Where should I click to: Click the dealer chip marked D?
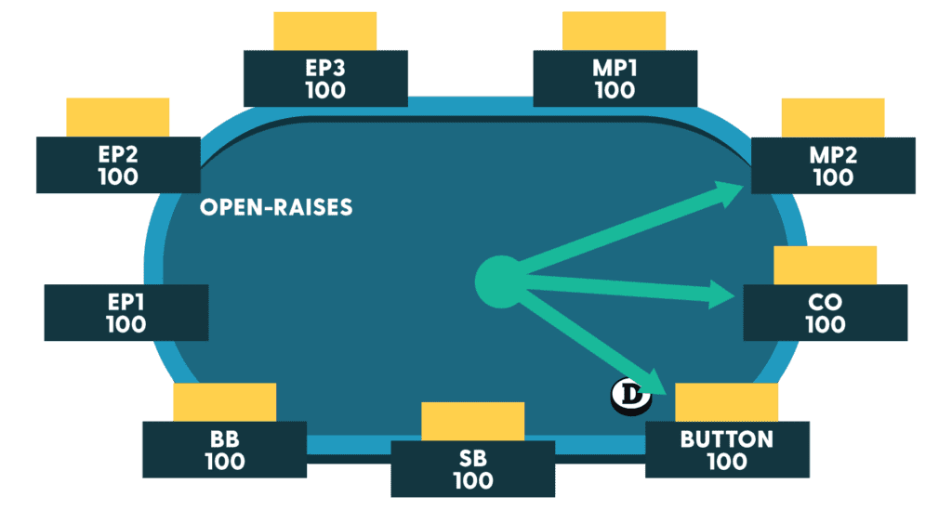(631, 397)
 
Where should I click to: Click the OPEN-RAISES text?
(276, 207)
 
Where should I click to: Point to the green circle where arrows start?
(499, 279)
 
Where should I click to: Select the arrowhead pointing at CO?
(725, 295)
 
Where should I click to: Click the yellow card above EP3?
(324, 31)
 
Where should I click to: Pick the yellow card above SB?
(473, 421)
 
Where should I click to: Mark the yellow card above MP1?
(615, 31)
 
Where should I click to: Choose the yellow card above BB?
(224, 401)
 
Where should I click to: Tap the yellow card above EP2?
(118, 117)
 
